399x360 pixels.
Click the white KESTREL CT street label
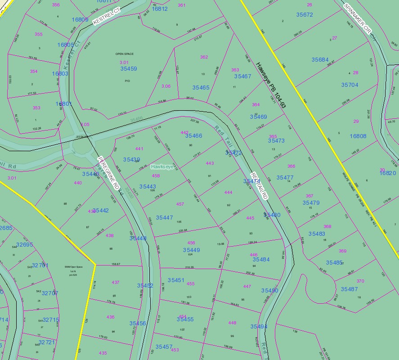click(x=108, y=15)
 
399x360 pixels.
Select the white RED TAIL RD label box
click(x=259, y=185)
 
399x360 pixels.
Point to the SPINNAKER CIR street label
click(x=358, y=18)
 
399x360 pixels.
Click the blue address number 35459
click(x=129, y=69)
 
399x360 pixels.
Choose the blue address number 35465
click(x=201, y=88)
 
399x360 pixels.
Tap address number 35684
click(x=320, y=60)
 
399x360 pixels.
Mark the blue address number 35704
click(x=350, y=85)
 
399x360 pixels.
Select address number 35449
click(x=191, y=250)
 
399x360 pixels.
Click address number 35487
click(x=349, y=289)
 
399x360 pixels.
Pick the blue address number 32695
click(x=24, y=245)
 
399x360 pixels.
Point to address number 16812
click(x=159, y=9)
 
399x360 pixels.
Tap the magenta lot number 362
click(x=204, y=57)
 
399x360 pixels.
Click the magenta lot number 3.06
click(x=166, y=86)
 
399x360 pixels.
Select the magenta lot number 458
click(x=156, y=176)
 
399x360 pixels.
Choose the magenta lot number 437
click(x=116, y=283)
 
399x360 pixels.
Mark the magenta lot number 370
click(x=360, y=281)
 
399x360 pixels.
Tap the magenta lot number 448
click(x=232, y=323)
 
